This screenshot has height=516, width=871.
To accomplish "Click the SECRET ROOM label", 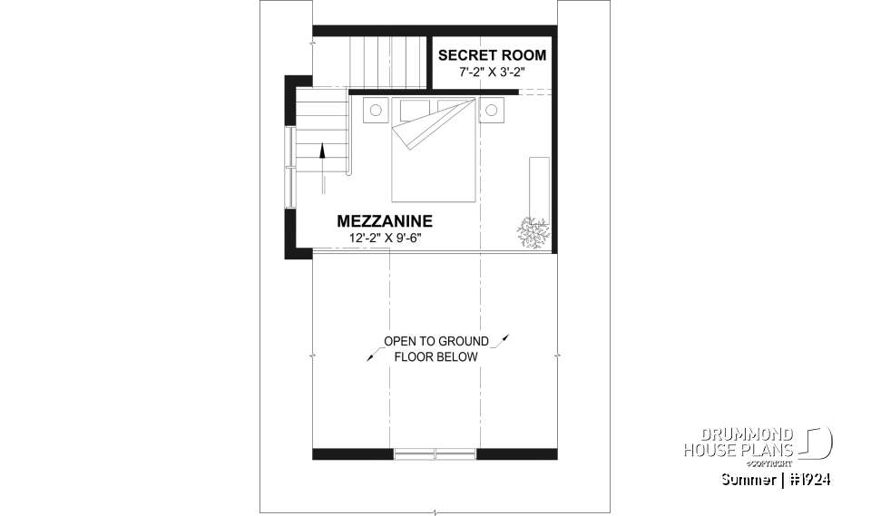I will click(x=492, y=55).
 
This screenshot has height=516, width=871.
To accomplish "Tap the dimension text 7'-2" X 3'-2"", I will click(x=492, y=71).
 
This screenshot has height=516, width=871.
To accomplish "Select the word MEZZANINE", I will click(x=385, y=220).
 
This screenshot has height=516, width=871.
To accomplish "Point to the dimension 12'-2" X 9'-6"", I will click(x=386, y=238).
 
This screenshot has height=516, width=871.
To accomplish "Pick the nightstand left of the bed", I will click(x=375, y=111).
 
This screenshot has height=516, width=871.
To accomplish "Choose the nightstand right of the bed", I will click(x=492, y=111).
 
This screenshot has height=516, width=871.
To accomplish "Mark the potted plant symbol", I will click(x=533, y=232).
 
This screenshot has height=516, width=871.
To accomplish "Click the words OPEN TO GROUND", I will click(x=435, y=341).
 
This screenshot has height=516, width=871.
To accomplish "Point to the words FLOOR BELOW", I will click(x=435, y=357).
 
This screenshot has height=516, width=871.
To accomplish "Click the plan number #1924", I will click(x=810, y=479).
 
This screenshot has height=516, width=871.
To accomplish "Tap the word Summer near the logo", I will click(x=747, y=479).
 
